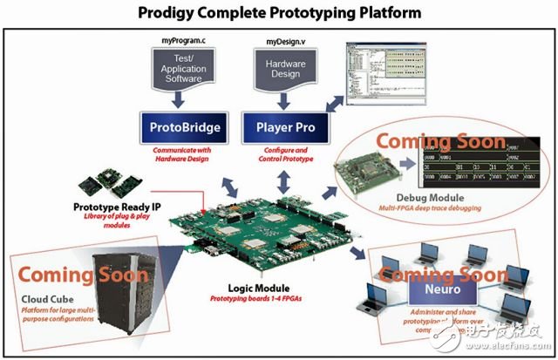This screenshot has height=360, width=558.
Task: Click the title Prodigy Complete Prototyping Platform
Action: click(280, 14)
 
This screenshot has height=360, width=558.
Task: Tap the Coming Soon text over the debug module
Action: click(440, 142)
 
